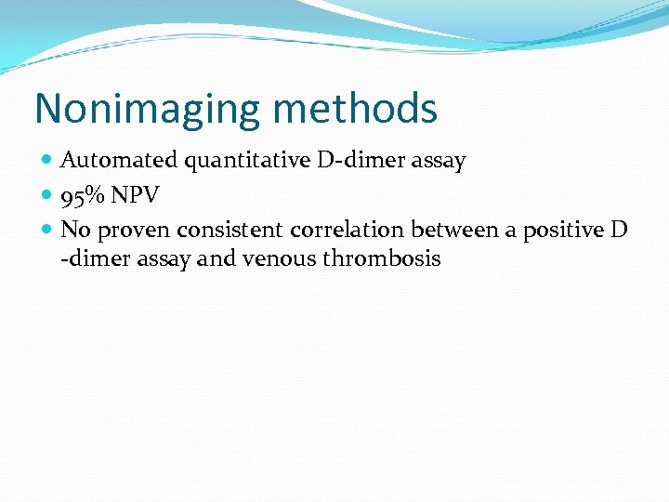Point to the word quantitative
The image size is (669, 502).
click(x=248, y=161)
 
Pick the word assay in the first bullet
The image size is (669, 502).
click(x=439, y=161)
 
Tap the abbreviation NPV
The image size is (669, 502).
click(x=135, y=195)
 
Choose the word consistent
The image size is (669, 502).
click(x=226, y=230)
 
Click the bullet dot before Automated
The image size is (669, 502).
click(x=48, y=161)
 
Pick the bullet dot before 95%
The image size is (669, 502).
click(x=48, y=195)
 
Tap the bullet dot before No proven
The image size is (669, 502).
click(x=48, y=230)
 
